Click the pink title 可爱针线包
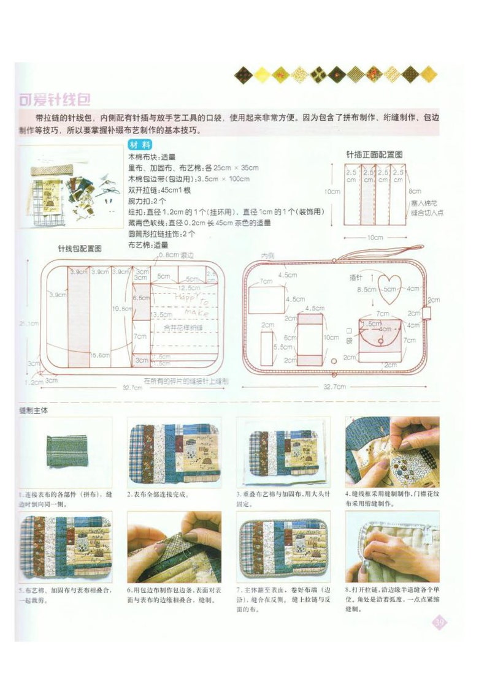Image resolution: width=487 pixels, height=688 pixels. [55, 100]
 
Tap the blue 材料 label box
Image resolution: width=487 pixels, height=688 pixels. [140, 146]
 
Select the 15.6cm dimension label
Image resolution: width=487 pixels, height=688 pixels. [100, 355]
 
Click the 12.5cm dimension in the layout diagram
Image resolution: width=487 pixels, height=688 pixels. [188, 287]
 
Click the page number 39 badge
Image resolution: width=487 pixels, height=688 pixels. [439, 623]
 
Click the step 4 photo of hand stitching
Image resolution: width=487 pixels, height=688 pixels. [392, 453]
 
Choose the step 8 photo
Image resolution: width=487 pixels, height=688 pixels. [392, 546]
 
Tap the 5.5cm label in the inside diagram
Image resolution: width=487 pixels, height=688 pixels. [269, 346]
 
